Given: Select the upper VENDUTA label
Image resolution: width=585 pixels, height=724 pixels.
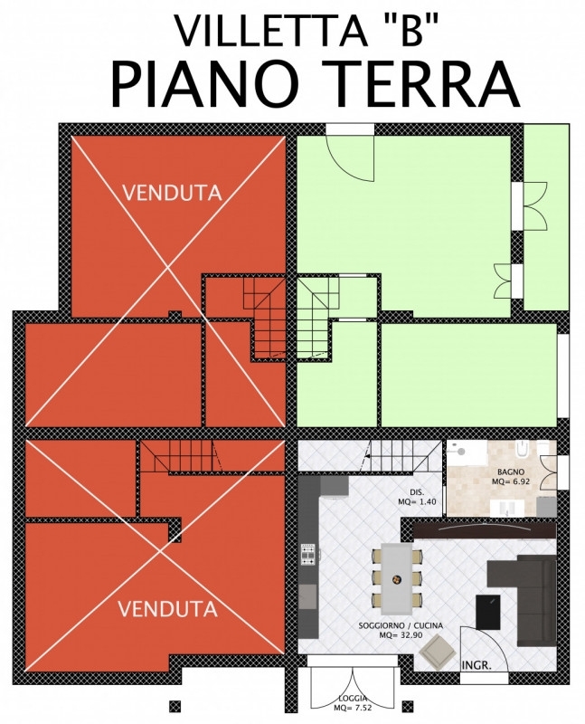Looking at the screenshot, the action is [173, 193].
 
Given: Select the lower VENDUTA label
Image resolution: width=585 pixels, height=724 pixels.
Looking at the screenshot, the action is [168, 609].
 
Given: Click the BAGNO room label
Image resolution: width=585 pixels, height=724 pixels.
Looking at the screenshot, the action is [510, 472].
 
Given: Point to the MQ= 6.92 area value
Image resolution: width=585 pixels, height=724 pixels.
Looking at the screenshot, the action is [511, 481].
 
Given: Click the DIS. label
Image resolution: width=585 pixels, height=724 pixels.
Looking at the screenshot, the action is [417, 491].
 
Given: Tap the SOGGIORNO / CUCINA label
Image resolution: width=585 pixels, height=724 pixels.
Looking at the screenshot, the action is [401, 625].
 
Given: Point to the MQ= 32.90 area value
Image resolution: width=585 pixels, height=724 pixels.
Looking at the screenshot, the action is [401, 635].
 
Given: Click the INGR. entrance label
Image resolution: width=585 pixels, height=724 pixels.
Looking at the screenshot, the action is [476, 665].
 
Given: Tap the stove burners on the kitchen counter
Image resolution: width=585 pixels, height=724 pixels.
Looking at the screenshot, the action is [307, 555].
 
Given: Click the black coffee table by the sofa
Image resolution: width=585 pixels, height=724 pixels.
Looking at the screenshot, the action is [488, 612].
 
